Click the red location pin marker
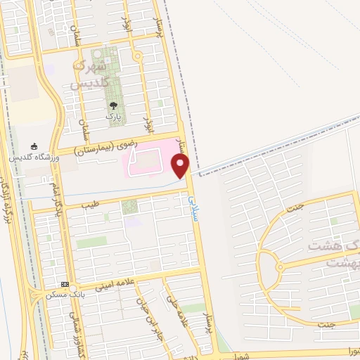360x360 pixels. (x=181, y=165)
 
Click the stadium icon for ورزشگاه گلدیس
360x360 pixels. (x=35, y=146)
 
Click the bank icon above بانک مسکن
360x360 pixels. (x=65, y=285)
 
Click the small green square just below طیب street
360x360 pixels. (x=128, y=207)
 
